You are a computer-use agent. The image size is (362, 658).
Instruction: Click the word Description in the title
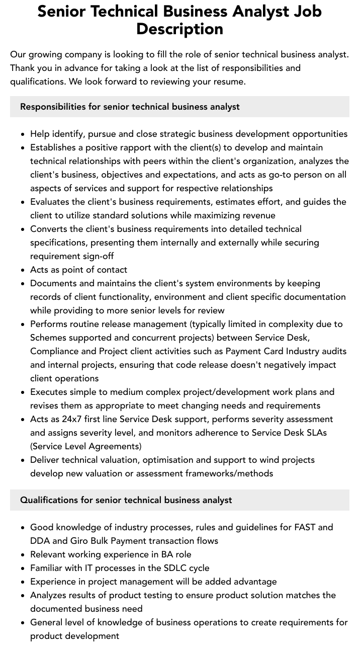(x=179, y=29)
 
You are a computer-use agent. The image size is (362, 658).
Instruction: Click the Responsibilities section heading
(x=130, y=107)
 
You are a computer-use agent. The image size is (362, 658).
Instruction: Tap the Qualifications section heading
(x=126, y=500)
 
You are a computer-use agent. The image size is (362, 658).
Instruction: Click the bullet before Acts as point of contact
(x=23, y=270)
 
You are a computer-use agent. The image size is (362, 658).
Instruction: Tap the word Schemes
(x=48, y=338)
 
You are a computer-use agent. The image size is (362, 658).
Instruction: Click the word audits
(x=333, y=351)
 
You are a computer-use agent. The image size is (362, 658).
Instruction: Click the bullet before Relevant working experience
(x=23, y=555)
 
